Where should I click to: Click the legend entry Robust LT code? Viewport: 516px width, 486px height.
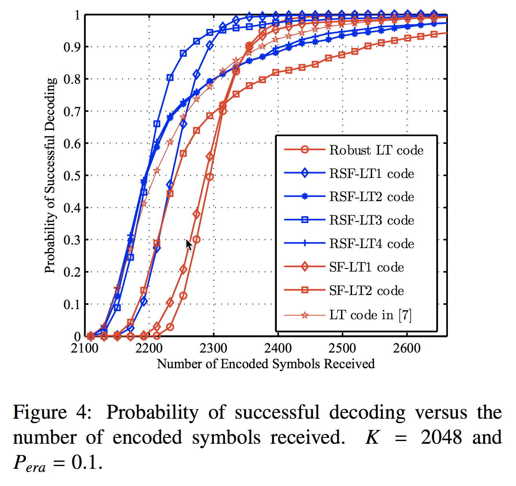pos(376,150)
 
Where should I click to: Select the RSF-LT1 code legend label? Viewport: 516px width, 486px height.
pos(372,173)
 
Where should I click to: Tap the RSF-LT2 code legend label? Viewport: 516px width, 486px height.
pos(372,197)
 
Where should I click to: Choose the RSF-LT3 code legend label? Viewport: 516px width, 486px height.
pos(372,220)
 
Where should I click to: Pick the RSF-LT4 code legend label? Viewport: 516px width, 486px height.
pos(372,244)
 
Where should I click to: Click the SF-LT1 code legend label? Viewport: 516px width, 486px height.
pos(366,267)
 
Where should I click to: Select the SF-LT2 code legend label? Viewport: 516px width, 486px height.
pos(366,291)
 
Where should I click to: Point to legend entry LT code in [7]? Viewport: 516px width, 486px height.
pos(370,315)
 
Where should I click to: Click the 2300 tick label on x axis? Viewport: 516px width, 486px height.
pos(213,348)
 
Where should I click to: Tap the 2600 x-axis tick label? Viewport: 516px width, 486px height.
pos(407,348)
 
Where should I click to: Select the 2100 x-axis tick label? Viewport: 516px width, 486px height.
pos(85,348)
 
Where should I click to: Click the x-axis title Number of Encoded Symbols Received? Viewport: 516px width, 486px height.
pos(266,364)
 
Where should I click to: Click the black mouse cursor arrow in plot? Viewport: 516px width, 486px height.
pos(189,245)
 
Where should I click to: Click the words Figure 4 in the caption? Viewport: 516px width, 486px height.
pos(52,413)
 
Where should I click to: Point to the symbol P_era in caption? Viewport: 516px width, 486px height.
pos(29,463)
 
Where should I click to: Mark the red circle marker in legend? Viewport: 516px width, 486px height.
pos(305,150)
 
